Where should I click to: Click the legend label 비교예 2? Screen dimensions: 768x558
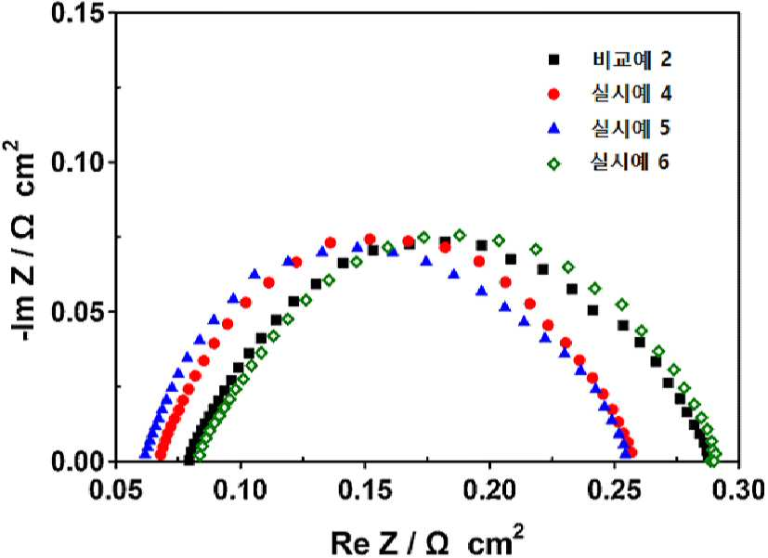(631, 59)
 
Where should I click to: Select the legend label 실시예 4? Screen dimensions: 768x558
(631, 94)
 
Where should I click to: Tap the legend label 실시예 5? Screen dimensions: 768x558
(631, 128)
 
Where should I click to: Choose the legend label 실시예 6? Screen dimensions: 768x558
(631, 162)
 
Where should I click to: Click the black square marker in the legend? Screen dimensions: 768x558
(554, 59)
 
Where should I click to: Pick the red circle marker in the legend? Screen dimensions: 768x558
(554, 94)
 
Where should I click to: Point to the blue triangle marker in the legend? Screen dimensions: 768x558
(554, 128)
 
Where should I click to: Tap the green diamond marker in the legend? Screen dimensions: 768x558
(554, 164)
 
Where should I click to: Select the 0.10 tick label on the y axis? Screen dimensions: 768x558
(79, 162)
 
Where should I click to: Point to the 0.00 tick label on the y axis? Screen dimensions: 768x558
(79, 461)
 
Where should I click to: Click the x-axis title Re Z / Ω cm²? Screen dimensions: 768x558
(427, 539)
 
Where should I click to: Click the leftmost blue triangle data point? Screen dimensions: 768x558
(145, 454)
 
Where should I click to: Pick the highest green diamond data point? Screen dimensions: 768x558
(460, 235)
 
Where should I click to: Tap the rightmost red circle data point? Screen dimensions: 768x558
(631, 452)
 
